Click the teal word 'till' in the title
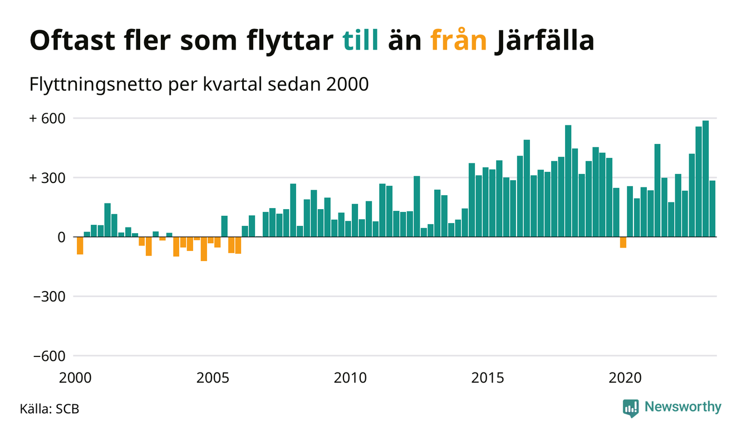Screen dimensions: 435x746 pyautogui.click(x=360, y=41)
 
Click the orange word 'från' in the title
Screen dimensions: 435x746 pyautogui.click(x=459, y=41)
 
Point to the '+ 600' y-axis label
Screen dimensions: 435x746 pyautogui.click(x=47, y=119)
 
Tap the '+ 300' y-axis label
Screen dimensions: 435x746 pyautogui.click(x=47, y=178)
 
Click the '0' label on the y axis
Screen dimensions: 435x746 pyautogui.click(x=61, y=237)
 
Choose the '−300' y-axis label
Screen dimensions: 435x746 pyautogui.click(x=49, y=297)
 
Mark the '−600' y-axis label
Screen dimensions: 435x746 pyautogui.click(x=49, y=356)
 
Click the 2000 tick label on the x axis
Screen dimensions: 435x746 pyautogui.click(x=75, y=378)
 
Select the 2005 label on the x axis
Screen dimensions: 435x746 pyautogui.click(x=213, y=378)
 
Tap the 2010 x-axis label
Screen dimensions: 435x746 pyautogui.click(x=351, y=378)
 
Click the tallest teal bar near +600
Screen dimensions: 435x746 pyautogui.click(x=705, y=178)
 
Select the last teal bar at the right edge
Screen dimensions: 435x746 pyautogui.click(x=713, y=209)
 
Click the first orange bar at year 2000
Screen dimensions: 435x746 pyautogui.click(x=80, y=245)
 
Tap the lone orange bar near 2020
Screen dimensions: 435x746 pyautogui.click(x=623, y=242)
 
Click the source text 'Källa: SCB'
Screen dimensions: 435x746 pyautogui.click(x=50, y=409)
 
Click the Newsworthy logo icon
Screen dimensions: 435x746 pyautogui.click(x=631, y=408)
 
